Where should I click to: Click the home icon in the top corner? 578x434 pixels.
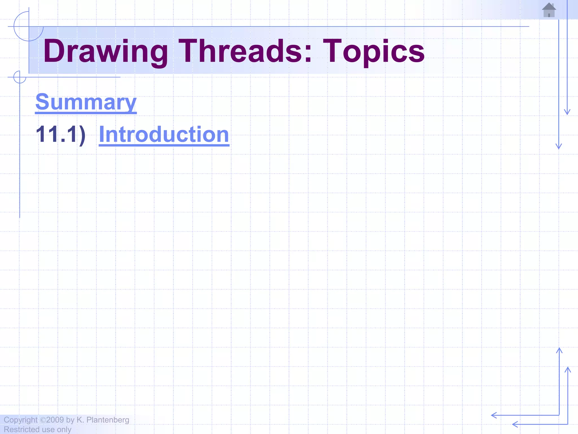click(549, 10)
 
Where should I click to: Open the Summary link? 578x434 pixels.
click(86, 102)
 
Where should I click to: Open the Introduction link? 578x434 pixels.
click(164, 134)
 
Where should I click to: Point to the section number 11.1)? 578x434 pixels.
click(60, 134)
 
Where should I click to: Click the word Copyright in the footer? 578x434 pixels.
click(20, 420)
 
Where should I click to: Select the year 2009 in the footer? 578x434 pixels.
click(55, 420)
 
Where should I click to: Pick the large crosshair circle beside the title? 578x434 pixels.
click(29, 27)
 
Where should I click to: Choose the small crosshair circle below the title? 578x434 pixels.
click(20, 77)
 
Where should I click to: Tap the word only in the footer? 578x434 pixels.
click(64, 429)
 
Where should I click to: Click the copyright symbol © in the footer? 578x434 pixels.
click(43, 420)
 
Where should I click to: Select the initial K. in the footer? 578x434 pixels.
click(80, 420)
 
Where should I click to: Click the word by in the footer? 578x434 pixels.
click(70, 420)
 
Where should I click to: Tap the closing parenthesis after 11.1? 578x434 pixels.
click(82, 135)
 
